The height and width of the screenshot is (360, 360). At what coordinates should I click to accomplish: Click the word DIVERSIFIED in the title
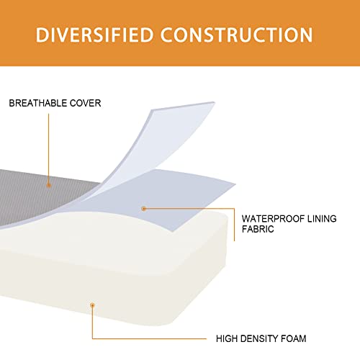(x=94, y=35)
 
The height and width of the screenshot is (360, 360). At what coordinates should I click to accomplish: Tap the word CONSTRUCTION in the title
(x=237, y=35)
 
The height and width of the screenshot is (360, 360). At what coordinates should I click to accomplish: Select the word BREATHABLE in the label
(x=37, y=103)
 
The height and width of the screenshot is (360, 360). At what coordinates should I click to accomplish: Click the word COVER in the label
(x=85, y=103)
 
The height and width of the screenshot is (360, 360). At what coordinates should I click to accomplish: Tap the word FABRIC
(x=258, y=229)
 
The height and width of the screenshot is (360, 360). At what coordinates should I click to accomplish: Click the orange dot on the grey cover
(x=49, y=185)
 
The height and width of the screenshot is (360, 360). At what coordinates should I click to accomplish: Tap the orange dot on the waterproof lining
(x=143, y=209)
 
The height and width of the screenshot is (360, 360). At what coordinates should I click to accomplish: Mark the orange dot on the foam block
(x=92, y=305)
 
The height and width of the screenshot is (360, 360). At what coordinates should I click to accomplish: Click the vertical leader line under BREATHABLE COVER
(x=48, y=148)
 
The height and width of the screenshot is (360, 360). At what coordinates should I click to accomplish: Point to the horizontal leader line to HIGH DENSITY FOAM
(x=149, y=338)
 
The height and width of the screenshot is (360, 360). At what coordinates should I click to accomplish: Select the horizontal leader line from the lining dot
(x=189, y=209)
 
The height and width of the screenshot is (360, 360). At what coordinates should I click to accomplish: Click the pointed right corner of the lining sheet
(x=235, y=184)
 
